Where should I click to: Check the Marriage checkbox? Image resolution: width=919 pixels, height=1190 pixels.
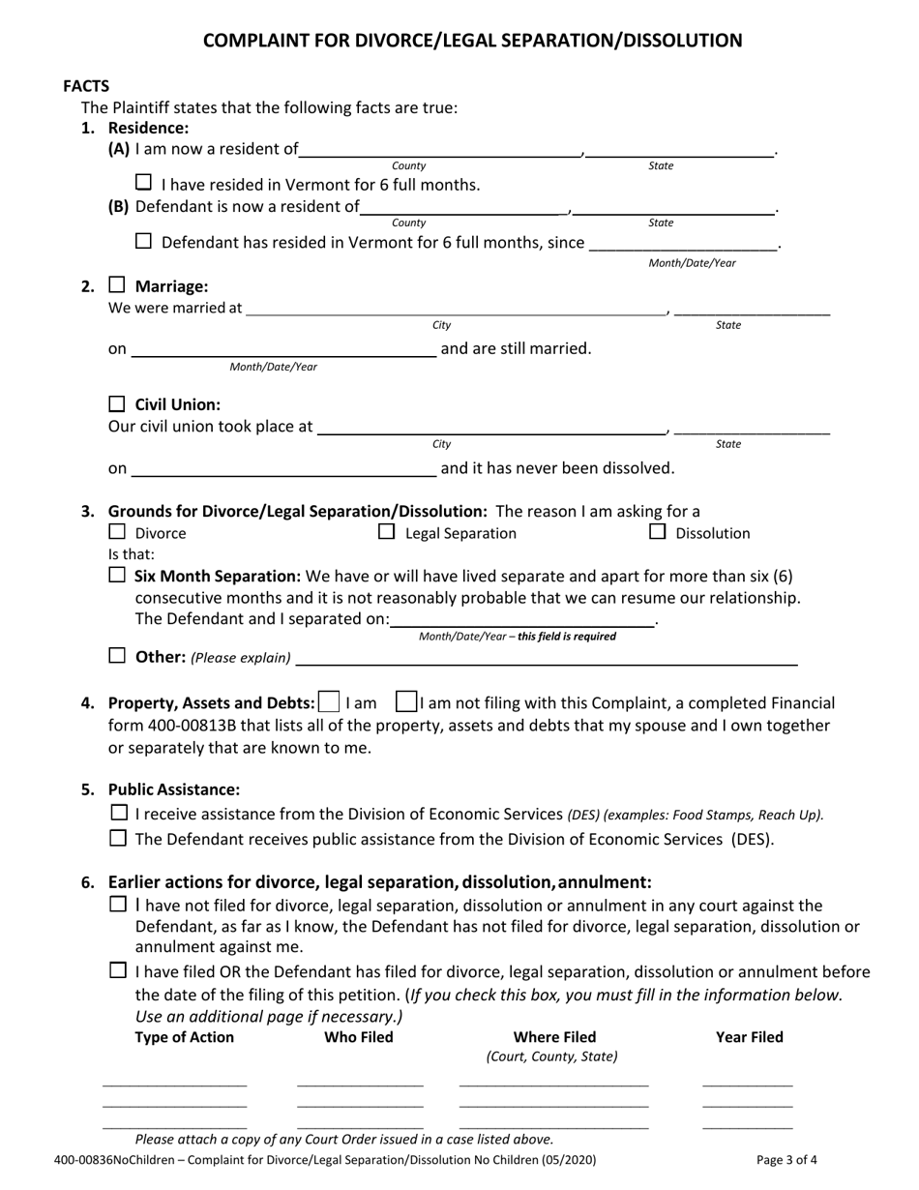(117, 285)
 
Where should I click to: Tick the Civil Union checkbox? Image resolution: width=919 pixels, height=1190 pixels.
(117, 404)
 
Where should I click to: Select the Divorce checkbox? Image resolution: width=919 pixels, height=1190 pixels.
(117, 532)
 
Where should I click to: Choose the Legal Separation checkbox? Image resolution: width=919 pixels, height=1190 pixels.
(386, 532)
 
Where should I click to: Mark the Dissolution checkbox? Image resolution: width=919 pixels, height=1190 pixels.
(657, 532)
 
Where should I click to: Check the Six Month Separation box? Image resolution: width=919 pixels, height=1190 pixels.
(117, 575)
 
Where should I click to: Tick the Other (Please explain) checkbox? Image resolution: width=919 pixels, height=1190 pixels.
(117, 656)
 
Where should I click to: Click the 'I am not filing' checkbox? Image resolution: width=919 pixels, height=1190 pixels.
(407, 701)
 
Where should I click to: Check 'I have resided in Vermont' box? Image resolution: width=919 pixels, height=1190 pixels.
(143, 182)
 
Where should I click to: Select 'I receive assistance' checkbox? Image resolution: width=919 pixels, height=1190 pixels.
(119, 813)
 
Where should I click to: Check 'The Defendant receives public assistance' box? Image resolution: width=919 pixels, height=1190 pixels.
(119, 838)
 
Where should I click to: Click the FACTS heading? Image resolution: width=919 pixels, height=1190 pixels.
(86, 86)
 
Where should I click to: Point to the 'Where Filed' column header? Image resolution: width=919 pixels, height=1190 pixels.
(553, 1037)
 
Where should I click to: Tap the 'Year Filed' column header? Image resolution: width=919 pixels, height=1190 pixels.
(749, 1037)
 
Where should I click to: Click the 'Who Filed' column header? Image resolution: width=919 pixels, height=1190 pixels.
(358, 1037)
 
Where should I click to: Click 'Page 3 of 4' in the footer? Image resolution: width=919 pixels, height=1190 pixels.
(787, 1159)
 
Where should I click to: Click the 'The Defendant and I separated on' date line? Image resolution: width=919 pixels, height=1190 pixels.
(522, 619)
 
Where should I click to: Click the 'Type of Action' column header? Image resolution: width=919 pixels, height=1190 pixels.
(184, 1037)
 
